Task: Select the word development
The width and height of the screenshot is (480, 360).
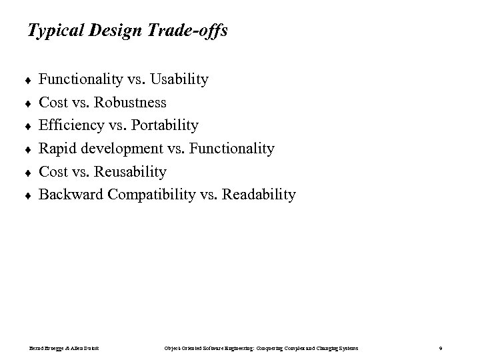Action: point(122,149)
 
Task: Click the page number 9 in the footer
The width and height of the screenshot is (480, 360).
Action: point(441,348)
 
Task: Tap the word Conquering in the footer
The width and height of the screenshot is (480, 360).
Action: point(274,348)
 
